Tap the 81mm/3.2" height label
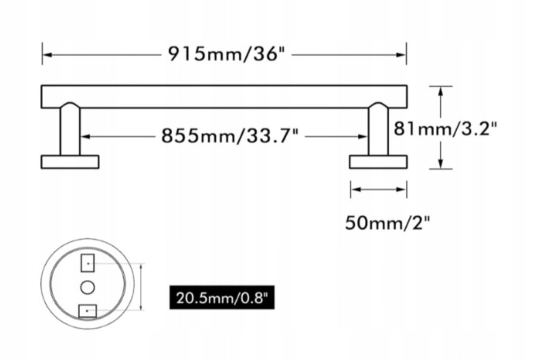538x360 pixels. point(445,129)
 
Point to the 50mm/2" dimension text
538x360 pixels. point(387,223)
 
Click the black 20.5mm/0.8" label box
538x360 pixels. point(222,297)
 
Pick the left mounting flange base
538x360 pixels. point(70,162)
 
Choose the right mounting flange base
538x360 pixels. point(378,162)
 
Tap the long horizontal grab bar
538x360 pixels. point(224,97)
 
